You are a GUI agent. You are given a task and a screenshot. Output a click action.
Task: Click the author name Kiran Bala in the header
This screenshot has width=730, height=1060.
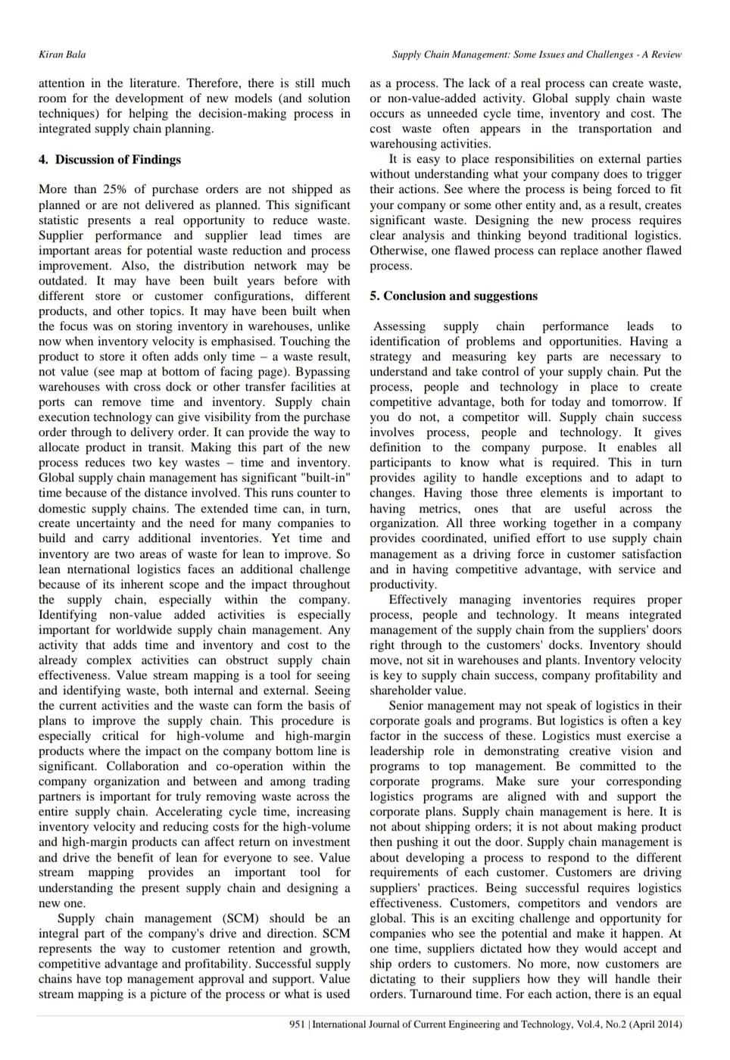tap(62, 55)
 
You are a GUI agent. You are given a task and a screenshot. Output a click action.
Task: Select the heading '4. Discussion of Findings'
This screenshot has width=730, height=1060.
tap(110, 160)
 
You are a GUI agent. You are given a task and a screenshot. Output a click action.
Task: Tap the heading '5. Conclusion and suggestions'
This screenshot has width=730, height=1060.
tap(454, 296)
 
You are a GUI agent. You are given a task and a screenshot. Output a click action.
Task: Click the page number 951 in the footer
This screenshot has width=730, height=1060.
tap(297, 1024)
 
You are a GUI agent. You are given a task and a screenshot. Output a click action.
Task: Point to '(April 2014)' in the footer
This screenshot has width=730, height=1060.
tap(656, 1024)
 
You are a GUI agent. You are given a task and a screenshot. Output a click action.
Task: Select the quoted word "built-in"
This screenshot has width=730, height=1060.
tap(326, 478)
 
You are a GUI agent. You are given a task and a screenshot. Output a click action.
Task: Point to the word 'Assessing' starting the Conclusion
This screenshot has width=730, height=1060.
tap(400, 326)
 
